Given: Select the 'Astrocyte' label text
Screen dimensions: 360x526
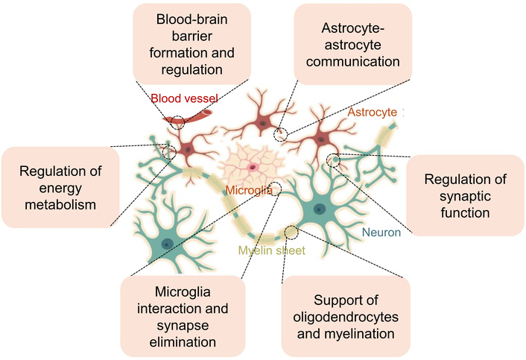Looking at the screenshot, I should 373,112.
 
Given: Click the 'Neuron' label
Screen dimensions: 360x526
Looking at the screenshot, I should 381,233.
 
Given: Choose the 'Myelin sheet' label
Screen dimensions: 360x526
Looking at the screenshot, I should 272,250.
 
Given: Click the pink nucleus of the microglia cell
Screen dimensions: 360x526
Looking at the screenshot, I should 254,166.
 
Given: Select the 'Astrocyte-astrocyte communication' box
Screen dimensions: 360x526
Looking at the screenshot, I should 353,43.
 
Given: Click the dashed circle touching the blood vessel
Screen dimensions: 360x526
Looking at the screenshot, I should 177,122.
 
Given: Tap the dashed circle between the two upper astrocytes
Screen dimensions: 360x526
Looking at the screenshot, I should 280,134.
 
